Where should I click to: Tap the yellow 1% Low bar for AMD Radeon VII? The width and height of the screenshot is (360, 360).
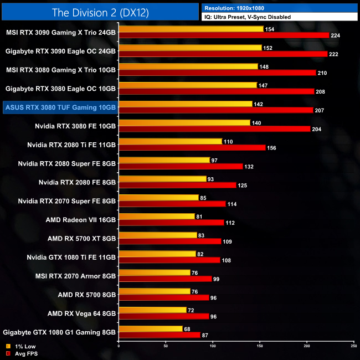point(157,216)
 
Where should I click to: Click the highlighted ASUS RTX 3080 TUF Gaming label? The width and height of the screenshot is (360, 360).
point(60,107)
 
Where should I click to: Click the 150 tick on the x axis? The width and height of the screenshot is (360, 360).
point(260,346)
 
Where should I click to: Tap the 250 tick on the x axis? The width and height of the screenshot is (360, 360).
point(353,346)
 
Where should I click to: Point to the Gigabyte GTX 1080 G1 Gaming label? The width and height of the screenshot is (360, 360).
point(60,332)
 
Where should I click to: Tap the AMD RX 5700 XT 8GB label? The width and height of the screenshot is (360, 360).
point(81,238)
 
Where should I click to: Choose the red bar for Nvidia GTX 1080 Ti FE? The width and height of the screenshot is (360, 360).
point(169,260)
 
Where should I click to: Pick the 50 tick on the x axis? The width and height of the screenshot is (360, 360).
point(166,346)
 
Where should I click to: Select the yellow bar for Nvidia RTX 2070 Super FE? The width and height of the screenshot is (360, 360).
point(158,197)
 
